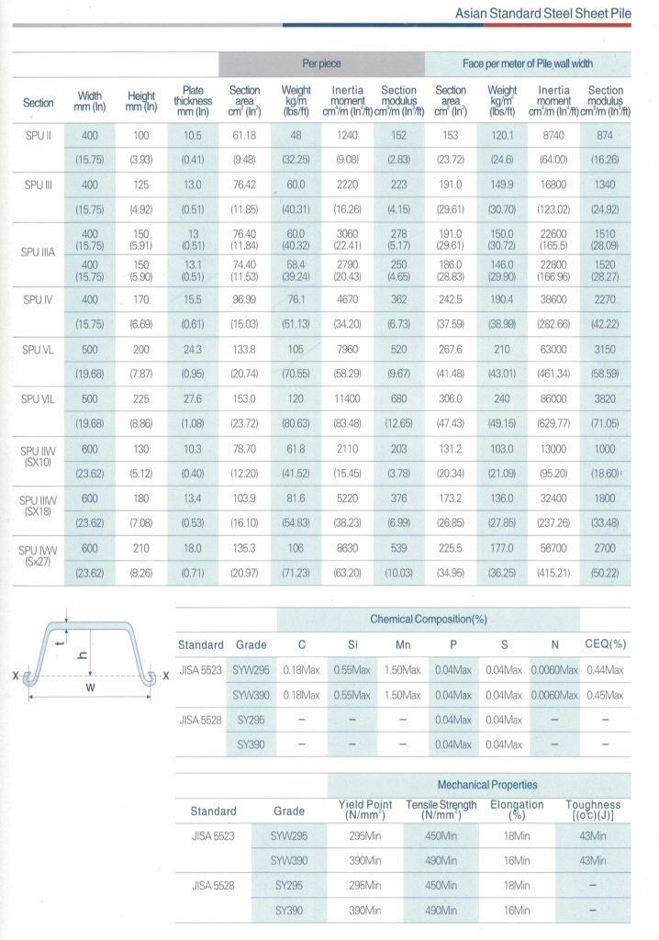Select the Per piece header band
coord(321,64)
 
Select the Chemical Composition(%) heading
coord(428,620)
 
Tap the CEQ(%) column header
coord(604,645)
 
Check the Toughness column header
coord(597,811)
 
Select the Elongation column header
coord(517,811)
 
